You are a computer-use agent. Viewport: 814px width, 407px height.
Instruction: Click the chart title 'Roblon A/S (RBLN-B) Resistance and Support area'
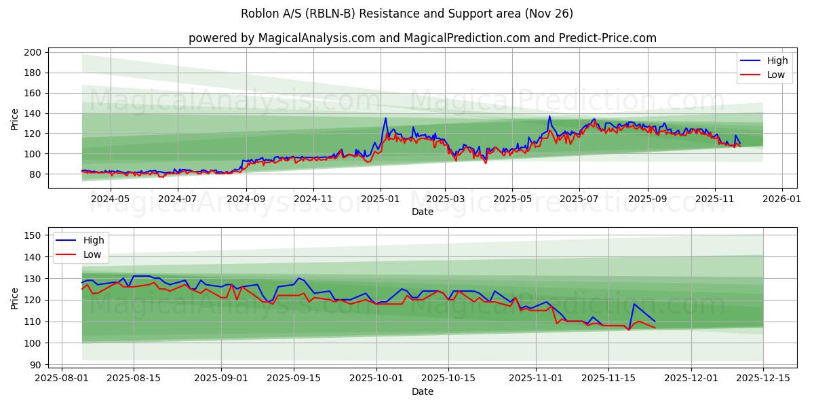pos(407,14)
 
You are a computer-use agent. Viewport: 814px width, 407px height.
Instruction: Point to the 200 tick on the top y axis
pos(34,52)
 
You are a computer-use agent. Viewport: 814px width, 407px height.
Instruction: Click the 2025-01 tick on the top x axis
pos(381,199)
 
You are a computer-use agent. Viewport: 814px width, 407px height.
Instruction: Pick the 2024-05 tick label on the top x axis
pos(110,199)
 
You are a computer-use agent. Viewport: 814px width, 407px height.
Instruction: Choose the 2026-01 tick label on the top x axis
pos(782,199)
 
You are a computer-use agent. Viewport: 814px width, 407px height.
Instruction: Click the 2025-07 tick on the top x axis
pos(579,199)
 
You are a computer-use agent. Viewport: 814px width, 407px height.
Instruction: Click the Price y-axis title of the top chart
pos(15,119)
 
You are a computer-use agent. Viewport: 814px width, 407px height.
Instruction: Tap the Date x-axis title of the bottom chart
pos(422,391)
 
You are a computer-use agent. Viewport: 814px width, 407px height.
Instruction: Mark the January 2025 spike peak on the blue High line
pos(386,118)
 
